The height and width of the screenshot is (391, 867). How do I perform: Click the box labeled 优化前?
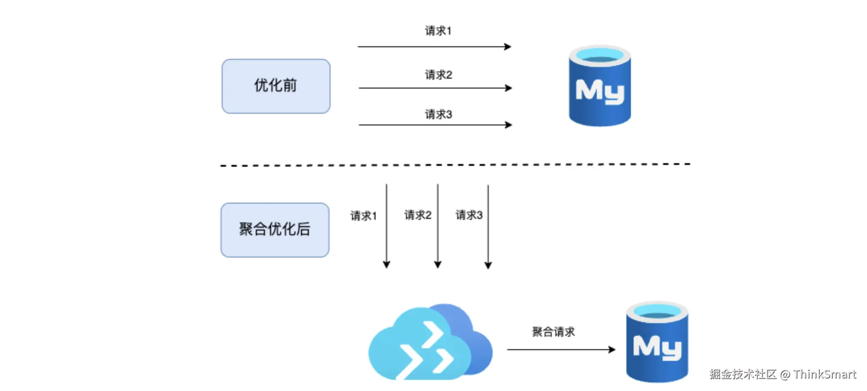276,86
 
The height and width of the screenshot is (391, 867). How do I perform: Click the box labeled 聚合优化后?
275,230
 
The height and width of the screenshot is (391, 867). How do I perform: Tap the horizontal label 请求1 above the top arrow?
438,31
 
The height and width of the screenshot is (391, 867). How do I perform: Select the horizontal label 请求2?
438,75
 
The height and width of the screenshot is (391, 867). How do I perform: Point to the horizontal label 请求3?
438,114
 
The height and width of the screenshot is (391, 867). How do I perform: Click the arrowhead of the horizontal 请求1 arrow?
508,47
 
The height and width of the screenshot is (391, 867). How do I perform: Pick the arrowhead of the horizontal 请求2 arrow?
509,88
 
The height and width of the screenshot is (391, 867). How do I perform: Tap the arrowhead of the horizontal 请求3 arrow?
509,125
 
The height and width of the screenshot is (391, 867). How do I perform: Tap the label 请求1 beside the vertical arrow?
363,216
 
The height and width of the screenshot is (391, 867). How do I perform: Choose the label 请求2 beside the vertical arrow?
418,215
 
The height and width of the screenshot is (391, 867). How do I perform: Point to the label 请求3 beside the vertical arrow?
469,215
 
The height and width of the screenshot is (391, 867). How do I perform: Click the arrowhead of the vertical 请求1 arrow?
386,265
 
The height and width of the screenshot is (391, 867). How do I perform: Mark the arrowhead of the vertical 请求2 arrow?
438,265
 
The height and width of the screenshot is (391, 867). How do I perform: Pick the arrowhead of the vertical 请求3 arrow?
488,265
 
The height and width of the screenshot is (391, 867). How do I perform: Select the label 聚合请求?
553,332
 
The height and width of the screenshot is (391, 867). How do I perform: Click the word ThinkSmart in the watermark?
824,374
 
